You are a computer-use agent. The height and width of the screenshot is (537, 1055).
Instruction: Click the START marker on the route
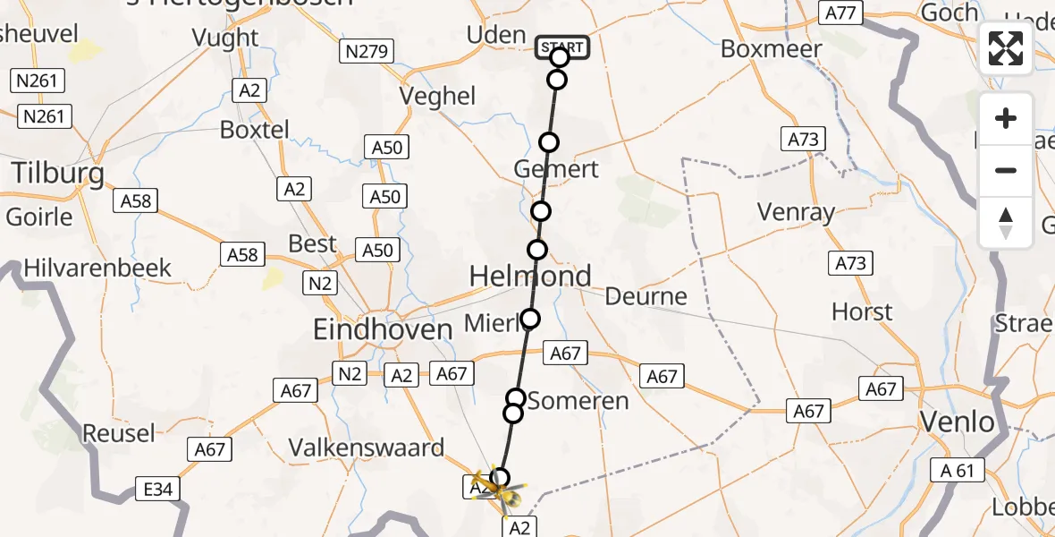tap(563, 47)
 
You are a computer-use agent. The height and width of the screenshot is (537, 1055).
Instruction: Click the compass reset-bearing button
tap(1006, 223)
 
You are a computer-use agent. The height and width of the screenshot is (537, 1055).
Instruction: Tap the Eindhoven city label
tap(383, 330)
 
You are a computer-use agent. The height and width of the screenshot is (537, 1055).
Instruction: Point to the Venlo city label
tap(958, 422)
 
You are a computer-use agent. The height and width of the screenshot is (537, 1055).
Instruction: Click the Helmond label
tap(530, 277)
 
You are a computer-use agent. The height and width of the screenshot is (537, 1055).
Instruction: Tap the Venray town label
tap(796, 213)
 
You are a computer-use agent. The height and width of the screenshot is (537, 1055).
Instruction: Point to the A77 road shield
tap(841, 13)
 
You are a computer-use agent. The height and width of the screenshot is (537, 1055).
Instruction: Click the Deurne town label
tap(646, 296)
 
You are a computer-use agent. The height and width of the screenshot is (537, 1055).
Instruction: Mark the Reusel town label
tap(119, 434)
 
